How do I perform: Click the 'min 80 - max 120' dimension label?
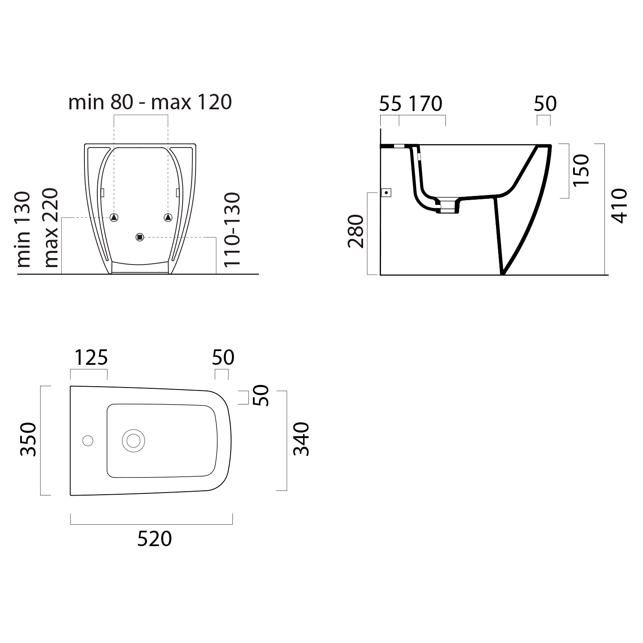[x=150, y=102]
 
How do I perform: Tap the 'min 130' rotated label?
[x=24, y=229]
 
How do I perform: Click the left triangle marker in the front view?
[x=114, y=217]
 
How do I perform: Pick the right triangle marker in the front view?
[x=168, y=217]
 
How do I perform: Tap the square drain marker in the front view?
[x=139, y=237]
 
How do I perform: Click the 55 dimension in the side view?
[x=391, y=104]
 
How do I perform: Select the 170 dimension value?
[x=425, y=104]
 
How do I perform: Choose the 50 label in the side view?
[x=545, y=104]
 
